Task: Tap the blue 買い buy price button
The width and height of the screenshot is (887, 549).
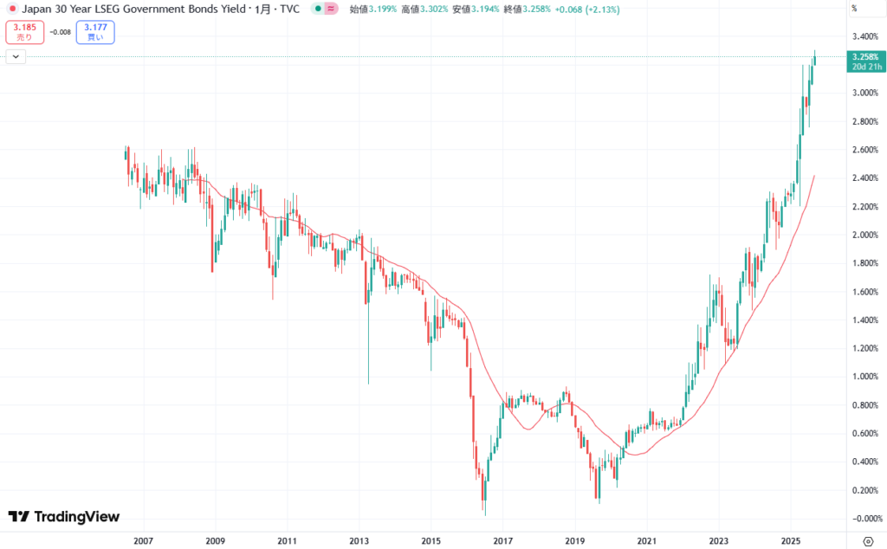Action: [95, 33]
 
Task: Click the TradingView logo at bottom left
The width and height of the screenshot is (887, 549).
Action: [64, 517]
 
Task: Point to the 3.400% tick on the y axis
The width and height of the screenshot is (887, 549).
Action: [866, 36]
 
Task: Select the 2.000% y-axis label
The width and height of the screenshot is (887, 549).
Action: [866, 235]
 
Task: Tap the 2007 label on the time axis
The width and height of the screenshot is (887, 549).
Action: [143, 541]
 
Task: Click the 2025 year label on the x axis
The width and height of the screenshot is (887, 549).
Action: [789, 541]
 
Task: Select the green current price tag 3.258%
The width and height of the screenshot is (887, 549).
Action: [866, 57]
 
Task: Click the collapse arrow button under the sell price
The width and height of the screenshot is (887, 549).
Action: [16, 56]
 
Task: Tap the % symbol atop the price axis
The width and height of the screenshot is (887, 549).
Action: [854, 9]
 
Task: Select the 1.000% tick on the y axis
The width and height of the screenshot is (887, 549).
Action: [866, 376]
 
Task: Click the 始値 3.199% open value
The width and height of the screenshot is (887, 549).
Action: [374, 9]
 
